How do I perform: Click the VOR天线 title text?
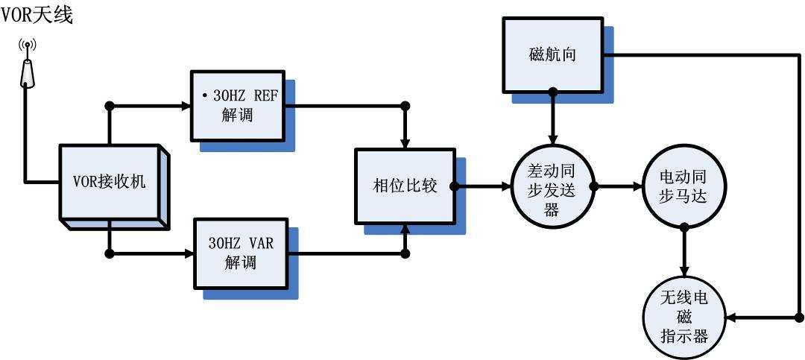37,13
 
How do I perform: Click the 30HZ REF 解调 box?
238,106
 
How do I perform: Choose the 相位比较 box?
404,186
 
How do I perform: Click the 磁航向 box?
552,54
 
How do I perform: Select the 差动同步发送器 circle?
552,187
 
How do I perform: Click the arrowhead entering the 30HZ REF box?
186,105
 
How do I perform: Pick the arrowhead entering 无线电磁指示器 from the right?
730,318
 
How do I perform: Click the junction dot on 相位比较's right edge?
454,186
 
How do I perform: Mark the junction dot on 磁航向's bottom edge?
552,92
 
